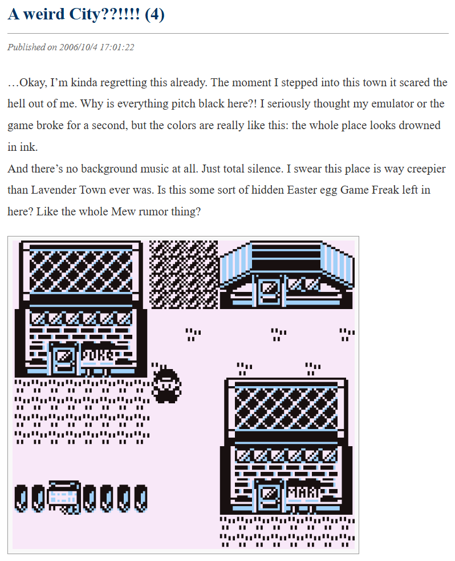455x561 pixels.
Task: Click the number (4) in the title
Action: click(x=155, y=14)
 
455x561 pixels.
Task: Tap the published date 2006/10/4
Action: click(x=78, y=47)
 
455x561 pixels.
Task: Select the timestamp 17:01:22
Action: click(x=117, y=47)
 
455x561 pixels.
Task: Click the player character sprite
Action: click(x=166, y=384)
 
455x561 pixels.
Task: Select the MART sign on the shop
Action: click(x=303, y=492)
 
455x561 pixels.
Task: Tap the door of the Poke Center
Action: click(x=64, y=358)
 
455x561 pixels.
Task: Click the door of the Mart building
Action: click(x=269, y=495)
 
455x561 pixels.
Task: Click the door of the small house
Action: click(x=269, y=291)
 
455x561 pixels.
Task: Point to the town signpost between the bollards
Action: click(x=64, y=497)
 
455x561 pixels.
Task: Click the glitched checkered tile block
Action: click(x=184, y=274)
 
